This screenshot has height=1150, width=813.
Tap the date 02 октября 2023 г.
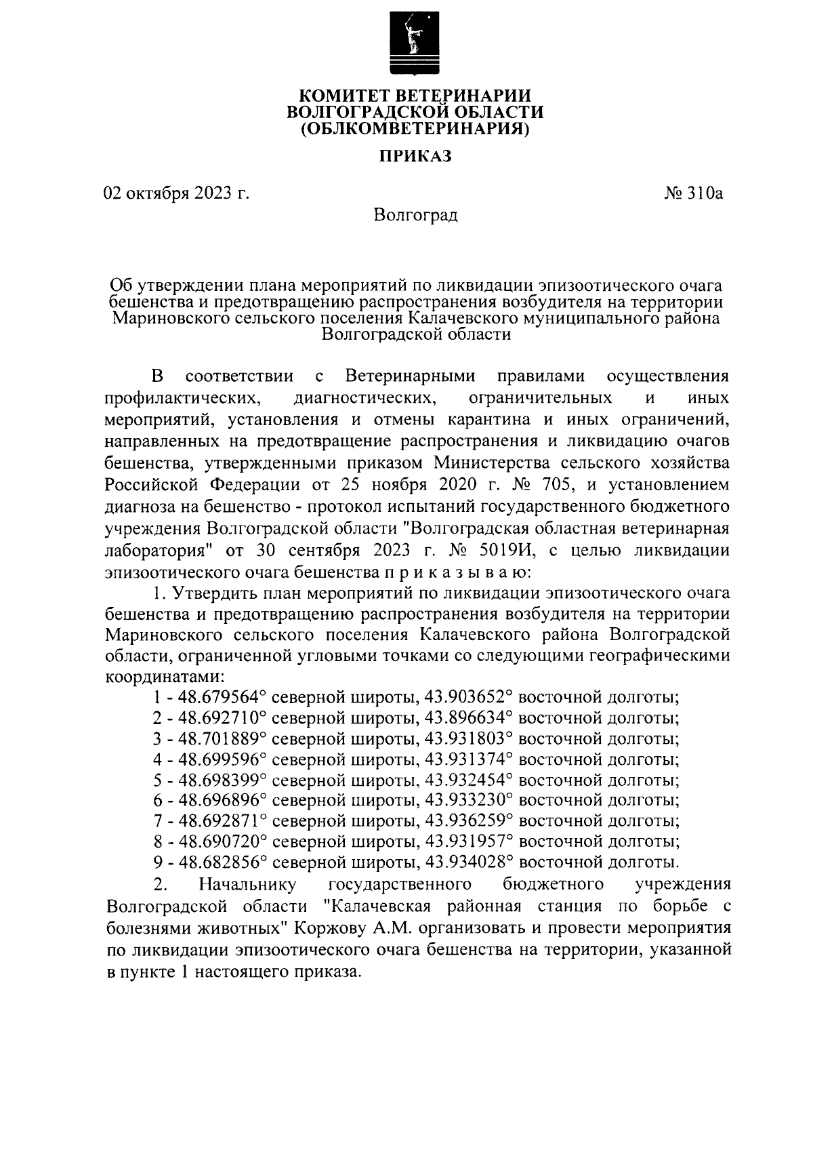[176, 194]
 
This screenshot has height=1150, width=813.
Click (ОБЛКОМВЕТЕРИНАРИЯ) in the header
[415, 128]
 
